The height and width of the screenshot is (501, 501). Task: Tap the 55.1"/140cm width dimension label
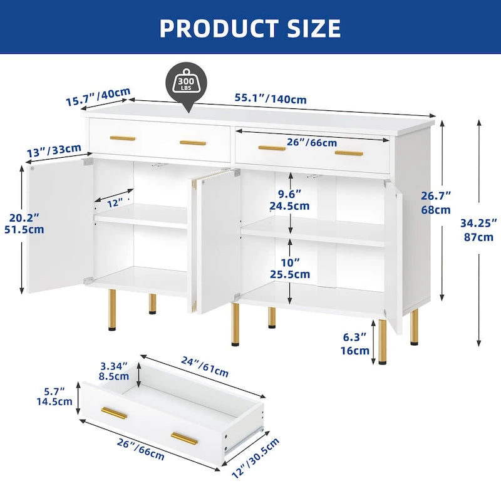[x=271, y=99]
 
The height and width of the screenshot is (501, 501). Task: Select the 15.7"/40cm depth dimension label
[x=98, y=96]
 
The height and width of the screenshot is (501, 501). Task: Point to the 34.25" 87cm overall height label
[x=478, y=230]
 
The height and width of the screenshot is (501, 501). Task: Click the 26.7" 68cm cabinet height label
[x=436, y=202]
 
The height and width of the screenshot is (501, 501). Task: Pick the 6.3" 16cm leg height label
[x=355, y=343]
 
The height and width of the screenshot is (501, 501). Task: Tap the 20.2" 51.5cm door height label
[x=24, y=224]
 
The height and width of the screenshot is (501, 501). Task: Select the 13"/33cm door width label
[x=54, y=150]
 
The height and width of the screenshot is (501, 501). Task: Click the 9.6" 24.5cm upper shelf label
[x=290, y=200]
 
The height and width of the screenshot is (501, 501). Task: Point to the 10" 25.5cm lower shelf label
[x=290, y=269]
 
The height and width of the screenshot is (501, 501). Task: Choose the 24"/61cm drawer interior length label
[x=205, y=366]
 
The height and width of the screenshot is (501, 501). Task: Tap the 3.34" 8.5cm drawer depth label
[x=114, y=371]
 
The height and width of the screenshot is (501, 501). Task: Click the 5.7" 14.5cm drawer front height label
[x=54, y=396]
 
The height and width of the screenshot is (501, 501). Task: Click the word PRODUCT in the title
[x=219, y=28]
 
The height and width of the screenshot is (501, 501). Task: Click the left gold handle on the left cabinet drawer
[x=123, y=138]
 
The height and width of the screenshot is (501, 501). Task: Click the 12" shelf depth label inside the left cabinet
[x=115, y=202]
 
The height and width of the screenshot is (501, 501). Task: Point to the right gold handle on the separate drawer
[x=184, y=439]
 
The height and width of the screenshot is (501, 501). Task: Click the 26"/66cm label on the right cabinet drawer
[x=311, y=142]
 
